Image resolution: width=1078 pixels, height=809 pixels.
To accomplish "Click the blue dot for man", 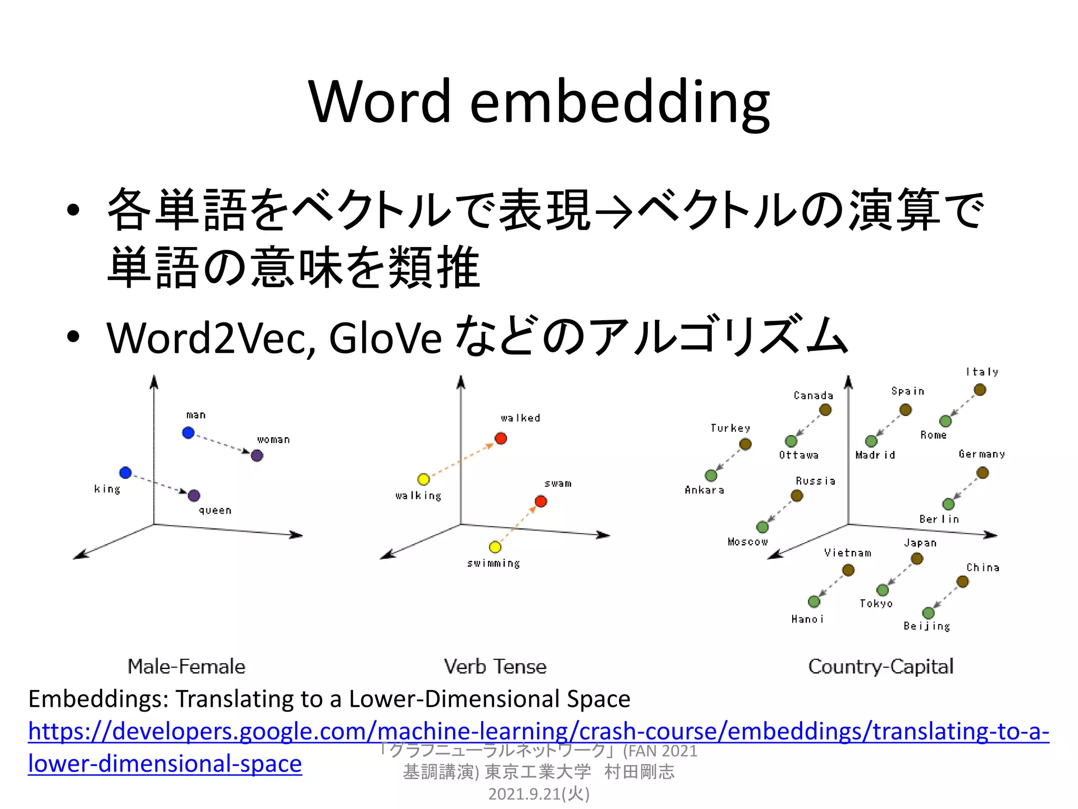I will (188, 433).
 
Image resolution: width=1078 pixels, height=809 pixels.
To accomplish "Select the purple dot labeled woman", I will (257, 456).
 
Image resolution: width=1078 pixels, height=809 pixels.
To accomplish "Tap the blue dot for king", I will (125, 472).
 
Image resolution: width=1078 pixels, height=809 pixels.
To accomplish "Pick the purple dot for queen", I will (194, 496).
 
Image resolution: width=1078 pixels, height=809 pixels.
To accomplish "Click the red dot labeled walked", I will (501, 438).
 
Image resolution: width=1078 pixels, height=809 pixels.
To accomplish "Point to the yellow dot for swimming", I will (495, 547).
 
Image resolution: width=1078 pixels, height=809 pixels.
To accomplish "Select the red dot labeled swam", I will (541, 501).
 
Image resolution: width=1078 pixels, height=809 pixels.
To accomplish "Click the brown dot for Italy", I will (980, 390).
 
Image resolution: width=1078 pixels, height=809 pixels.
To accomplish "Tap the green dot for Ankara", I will (711, 476).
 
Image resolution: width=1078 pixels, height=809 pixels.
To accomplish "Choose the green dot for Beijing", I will (929, 613).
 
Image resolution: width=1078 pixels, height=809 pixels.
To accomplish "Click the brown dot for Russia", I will (797, 496).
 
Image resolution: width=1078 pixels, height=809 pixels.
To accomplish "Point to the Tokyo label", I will (876, 604).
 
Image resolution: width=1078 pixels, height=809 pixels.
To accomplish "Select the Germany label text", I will (982, 454).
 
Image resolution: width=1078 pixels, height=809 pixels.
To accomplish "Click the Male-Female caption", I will (186, 667).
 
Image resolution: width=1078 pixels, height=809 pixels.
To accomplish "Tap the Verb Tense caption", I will (495, 667).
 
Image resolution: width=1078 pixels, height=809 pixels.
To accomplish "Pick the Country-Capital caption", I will (881, 667).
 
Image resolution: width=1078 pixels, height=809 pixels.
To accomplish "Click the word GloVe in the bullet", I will (385, 338).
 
